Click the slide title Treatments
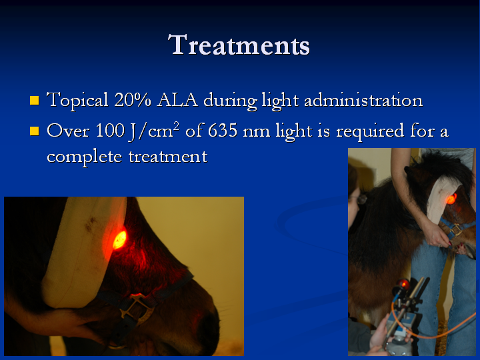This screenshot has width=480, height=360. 239,45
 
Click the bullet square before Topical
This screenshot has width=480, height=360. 35,101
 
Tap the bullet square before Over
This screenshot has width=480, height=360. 35,131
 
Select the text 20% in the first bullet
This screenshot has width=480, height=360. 133,99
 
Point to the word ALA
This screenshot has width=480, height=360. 177,100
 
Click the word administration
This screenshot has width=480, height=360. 363,100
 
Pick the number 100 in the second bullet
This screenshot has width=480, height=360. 110,130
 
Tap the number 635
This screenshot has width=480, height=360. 223,130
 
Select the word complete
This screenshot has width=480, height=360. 85,157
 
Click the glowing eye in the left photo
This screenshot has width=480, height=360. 120,240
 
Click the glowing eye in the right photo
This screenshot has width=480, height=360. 451,199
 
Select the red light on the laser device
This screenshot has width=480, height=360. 403,285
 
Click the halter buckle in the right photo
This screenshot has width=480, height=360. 455,229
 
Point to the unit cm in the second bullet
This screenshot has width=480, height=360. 164,131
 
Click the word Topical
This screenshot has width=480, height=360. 77,100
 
